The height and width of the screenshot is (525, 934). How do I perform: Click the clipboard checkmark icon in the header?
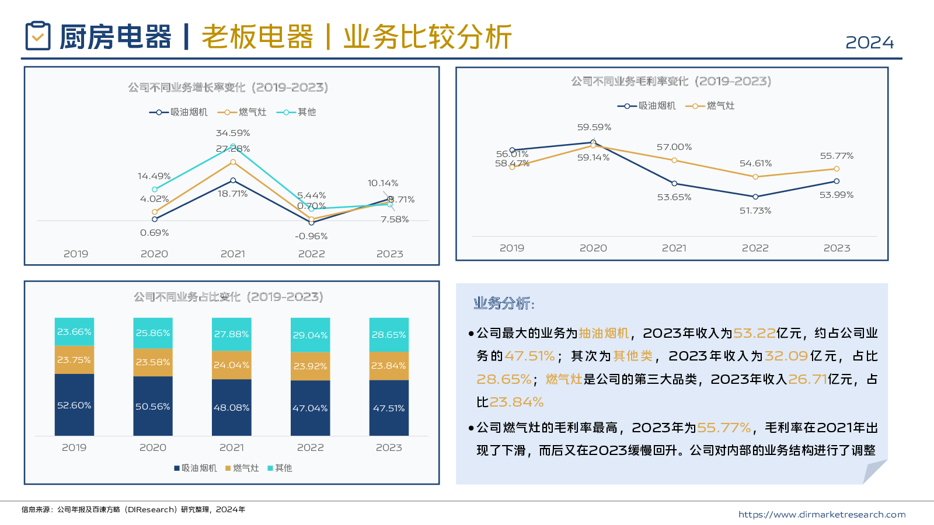click(x=38, y=36)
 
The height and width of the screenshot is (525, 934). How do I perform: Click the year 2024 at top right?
click(x=869, y=43)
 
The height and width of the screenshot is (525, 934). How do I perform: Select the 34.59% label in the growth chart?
click(x=233, y=133)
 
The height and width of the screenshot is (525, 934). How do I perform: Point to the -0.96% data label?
click(x=311, y=236)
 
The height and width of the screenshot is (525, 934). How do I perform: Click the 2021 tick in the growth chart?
click(x=233, y=254)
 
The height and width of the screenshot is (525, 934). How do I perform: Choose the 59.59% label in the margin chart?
click(x=594, y=127)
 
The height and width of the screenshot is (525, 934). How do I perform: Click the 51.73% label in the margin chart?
click(x=755, y=211)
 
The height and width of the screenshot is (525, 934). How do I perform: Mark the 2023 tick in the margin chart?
click(x=837, y=248)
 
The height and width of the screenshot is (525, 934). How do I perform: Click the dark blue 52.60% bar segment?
click(x=74, y=405)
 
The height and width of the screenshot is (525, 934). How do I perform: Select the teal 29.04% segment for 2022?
click(x=310, y=335)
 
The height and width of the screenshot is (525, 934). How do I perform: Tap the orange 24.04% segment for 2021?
click(x=231, y=365)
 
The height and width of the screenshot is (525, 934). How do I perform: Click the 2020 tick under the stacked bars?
click(x=153, y=447)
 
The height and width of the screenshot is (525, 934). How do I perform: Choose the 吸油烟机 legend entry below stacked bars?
click(x=196, y=468)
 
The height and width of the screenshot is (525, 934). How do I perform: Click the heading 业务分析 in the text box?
click(x=503, y=303)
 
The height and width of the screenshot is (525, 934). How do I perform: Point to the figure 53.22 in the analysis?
click(x=754, y=333)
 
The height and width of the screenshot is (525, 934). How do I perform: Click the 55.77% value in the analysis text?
click(x=724, y=428)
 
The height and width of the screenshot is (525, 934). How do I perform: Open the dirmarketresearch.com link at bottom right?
click(x=821, y=514)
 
